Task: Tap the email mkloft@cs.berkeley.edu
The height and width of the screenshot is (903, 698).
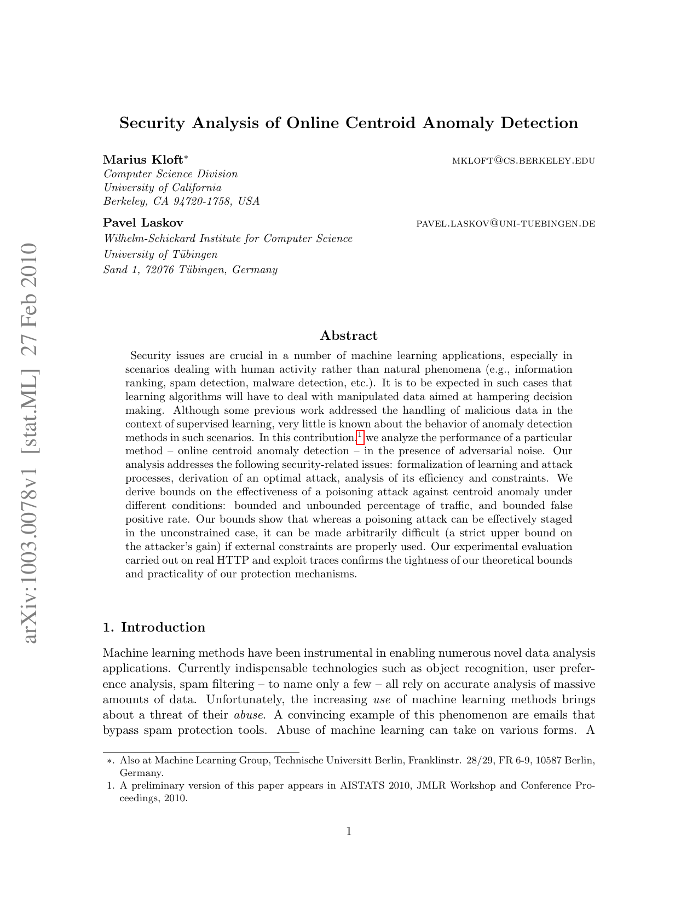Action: (523, 161)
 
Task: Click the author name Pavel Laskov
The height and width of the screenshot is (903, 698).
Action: (143, 223)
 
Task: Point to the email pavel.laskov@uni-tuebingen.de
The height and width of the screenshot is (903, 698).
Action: (505, 224)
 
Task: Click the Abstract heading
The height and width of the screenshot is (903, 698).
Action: (349, 335)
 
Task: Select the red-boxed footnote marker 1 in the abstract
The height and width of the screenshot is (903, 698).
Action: (360, 436)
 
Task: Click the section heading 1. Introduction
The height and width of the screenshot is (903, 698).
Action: (154, 627)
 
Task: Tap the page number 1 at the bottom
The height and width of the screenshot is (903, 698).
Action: (349, 832)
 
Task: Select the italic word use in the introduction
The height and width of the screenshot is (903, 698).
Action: (381, 699)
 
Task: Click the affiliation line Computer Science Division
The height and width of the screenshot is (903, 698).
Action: (170, 174)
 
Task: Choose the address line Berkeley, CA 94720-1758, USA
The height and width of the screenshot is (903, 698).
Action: (181, 201)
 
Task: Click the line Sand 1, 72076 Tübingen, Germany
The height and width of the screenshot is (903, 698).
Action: (190, 270)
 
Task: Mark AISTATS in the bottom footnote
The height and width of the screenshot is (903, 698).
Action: (362, 786)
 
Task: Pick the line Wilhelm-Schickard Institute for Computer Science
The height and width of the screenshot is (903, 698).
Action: (228, 239)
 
